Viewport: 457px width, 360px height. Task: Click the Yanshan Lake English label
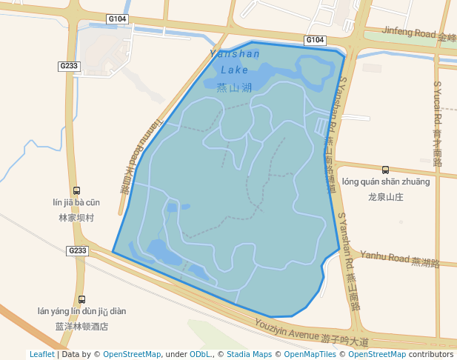(x=235, y=61)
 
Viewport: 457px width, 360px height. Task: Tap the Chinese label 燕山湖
(x=235, y=87)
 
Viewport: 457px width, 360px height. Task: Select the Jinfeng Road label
(x=410, y=33)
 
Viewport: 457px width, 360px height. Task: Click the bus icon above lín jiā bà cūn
(x=76, y=190)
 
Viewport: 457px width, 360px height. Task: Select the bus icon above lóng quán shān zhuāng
(x=385, y=170)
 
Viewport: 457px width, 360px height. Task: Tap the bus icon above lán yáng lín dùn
(x=81, y=300)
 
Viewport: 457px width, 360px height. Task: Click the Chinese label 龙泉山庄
(x=385, y=197)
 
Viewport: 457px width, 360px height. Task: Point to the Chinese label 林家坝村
(x=76, y=218)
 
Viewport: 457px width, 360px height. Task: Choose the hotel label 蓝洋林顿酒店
(x=81, y=326)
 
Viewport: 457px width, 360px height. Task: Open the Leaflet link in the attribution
(x=41, y=354)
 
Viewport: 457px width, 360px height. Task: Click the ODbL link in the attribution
(x=199, y=354)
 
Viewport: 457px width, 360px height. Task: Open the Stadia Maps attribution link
(x=249, y=354)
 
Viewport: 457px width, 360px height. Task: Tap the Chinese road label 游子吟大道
(x=344, y=341)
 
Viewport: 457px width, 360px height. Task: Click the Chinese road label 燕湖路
(x=426, y=262)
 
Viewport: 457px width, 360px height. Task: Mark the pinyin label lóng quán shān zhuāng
(x=385, y=181)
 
